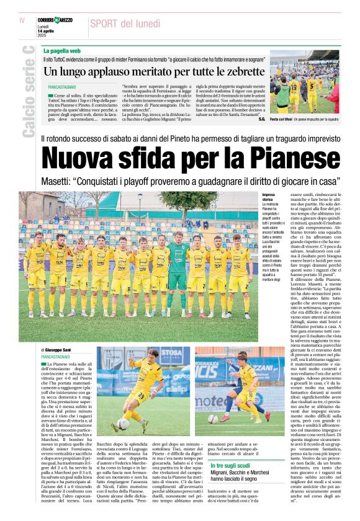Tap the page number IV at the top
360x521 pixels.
(22, 20)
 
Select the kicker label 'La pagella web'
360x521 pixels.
(63, 49)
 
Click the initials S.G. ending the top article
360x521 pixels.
(262, 118)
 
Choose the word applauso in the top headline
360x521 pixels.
(100, 71)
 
